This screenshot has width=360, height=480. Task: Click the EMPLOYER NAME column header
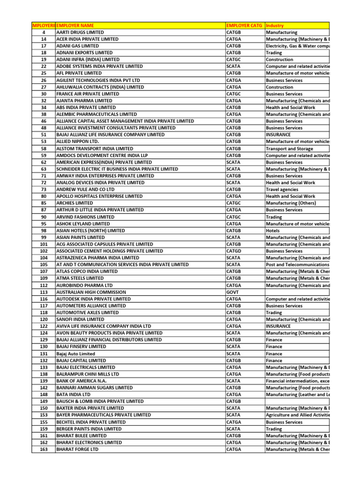75,25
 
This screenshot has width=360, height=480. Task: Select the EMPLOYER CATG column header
244,25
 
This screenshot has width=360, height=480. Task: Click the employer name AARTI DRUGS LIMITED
80,32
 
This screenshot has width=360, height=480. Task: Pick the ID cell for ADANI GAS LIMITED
44,46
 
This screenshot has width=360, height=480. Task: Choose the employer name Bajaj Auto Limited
75,353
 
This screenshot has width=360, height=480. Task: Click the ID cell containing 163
44,449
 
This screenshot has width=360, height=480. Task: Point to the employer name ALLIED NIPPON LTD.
78,142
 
